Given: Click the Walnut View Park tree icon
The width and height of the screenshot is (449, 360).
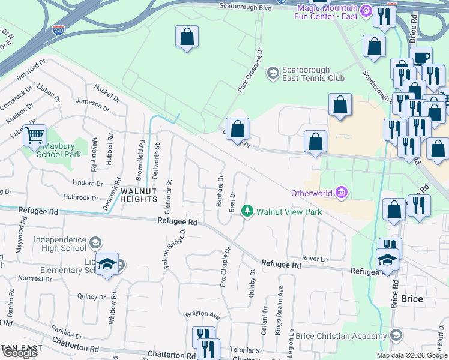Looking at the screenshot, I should (246, 211).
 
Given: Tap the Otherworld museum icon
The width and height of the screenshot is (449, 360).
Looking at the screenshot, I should (342, 193).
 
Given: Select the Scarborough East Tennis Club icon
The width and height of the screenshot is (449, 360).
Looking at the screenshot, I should (273, 73).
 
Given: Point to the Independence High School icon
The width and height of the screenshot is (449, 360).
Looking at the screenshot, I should (94, 243).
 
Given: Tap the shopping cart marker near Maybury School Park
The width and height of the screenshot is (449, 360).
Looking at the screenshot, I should (34, 135).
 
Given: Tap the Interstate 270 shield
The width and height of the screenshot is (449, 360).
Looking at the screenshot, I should (58, 29).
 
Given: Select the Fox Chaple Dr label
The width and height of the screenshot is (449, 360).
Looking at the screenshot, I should (226, 267).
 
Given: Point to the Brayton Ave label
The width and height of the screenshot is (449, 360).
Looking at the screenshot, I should (202, 314).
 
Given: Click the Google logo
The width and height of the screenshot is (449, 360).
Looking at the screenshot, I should (20, 353).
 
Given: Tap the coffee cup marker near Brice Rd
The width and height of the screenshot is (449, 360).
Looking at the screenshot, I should (422, 58).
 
